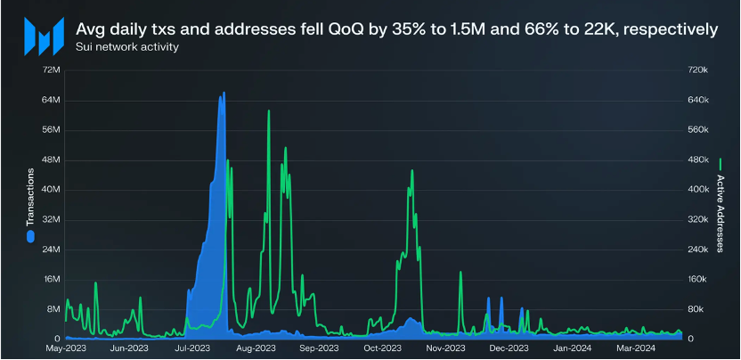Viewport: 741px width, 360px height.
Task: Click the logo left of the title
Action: (x=42, y=36)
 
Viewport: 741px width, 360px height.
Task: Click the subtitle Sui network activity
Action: (x=127, y=47)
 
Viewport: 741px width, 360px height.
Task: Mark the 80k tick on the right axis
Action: (x=696, y=309)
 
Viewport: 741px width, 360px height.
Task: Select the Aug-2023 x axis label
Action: (x=255, y=348)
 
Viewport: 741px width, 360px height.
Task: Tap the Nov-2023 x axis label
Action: (x=444, y=348)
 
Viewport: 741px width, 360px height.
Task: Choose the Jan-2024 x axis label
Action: (x=573, y=348)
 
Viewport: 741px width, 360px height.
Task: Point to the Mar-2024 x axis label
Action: (x=636, y=348)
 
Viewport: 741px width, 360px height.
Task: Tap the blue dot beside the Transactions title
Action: (x=29, y=237)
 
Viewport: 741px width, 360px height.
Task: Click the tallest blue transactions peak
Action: (x=223, y=93)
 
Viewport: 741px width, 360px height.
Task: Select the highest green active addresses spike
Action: (x=269, y=110)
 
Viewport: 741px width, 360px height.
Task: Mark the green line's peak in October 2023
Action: (x=411, y=170)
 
